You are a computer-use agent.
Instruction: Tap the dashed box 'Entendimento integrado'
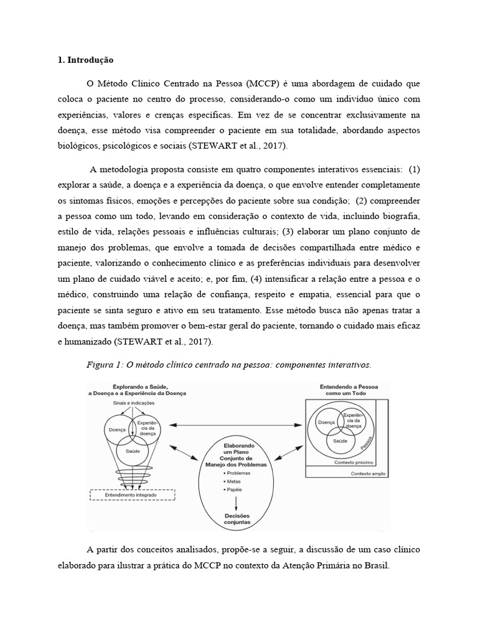134,494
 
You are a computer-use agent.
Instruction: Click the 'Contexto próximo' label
352,462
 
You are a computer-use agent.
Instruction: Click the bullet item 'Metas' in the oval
233,481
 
